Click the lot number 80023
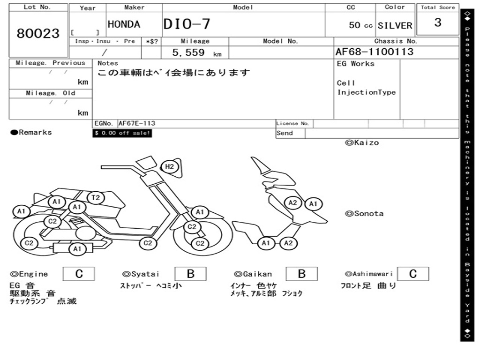(x=38, y=33)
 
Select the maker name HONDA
(x=124, y=24)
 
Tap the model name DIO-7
(x=187, y=24)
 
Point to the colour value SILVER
(x=395, y=25)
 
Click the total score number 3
(x=438, y=22)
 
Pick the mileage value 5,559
(x=188, y=52)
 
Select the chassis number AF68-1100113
(x=375, y=52)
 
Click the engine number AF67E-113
(x=137, y=123)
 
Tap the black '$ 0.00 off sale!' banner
(x=122, y=133)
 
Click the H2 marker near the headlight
(x=169, y=166)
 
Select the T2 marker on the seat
(x=96, y=197)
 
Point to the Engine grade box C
(x=79, y=274)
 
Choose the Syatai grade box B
(x=190, y=274)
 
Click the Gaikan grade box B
(x=301, y=274)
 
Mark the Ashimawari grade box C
(x=413, y=274)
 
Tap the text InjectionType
(x=367, y=92)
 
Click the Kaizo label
(x=362, y=142)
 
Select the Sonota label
(x=364, y=214)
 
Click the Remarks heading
(x=31, y=132)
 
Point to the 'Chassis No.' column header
(x=396, y=41)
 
